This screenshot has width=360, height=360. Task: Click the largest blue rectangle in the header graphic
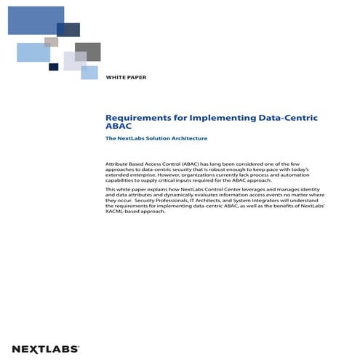(36, 20)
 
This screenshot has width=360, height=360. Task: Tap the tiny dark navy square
(53, 67)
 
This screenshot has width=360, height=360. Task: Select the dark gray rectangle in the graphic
(87, 51)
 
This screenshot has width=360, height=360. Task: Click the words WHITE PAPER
(125, 76)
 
